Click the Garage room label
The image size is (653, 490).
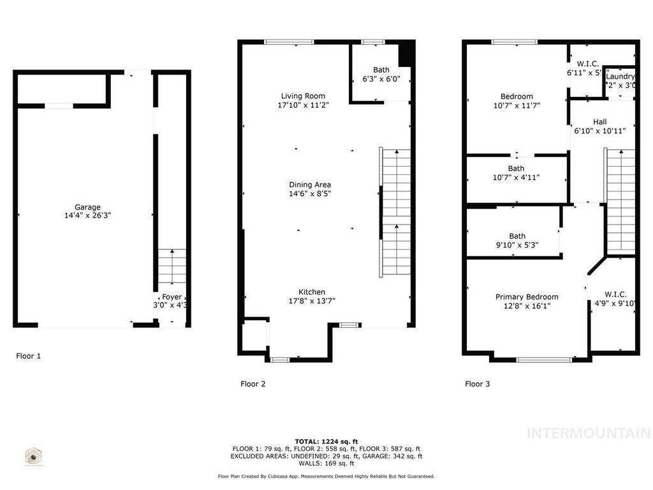tap(87, 207)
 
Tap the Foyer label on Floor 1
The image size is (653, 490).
tap(172, 297)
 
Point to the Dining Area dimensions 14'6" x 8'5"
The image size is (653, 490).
tap(309, 193)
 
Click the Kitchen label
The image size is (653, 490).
tap(312, 292)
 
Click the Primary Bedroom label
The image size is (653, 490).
tap(527, 297)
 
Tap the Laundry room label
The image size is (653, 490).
tap(620, 77)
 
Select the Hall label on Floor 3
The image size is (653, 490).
tap(599, 122)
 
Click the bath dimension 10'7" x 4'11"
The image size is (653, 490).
tap(516, 178)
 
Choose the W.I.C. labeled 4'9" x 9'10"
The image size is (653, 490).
tap(615, 299)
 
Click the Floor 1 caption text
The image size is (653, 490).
tap(29, 356)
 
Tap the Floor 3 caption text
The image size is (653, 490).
tap(477, 384)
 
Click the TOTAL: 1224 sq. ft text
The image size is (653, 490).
tap(326, 442)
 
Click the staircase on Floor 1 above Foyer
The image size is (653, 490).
tap(172, 266)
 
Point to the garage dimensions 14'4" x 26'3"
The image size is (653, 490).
tap(87, 216)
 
